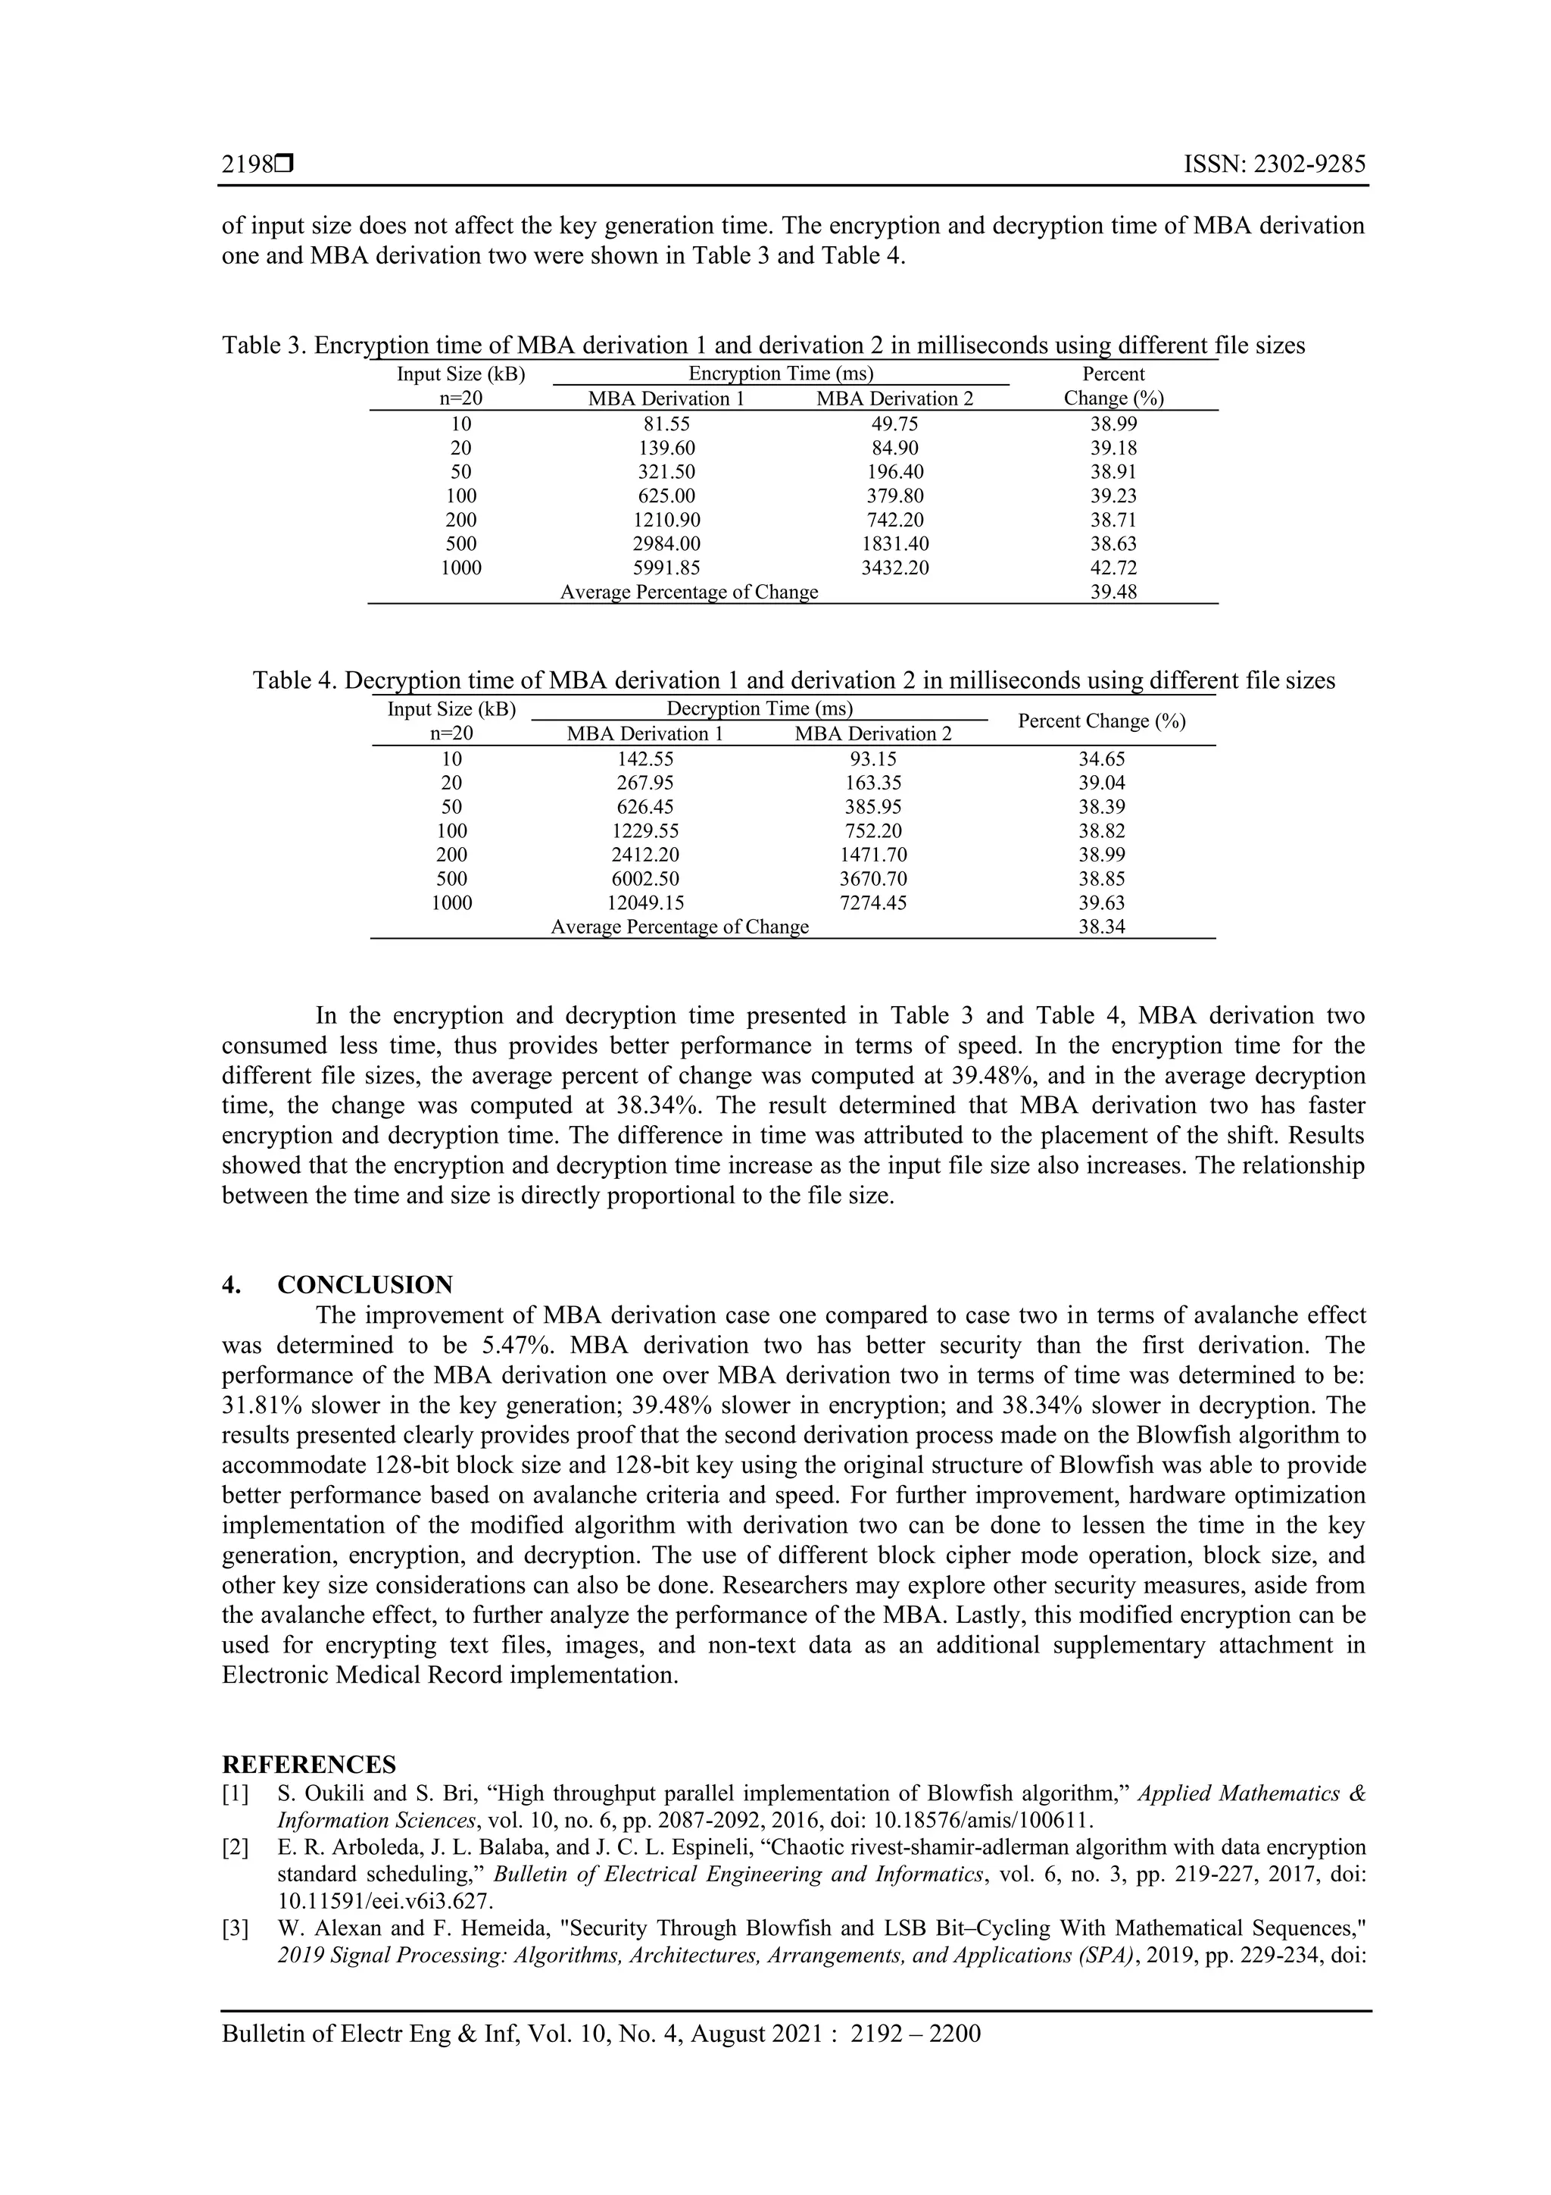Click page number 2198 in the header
click(248, 164)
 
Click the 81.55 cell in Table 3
click(666, 424)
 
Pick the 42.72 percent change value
click(1113, 568)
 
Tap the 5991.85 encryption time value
click(666, 568)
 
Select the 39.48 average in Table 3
click(1113, 592)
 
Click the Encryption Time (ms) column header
click(781, 374)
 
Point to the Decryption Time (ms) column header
click(759, 708)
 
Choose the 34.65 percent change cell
click(1102, 759)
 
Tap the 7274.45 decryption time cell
click(873, 902)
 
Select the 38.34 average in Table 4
click(1102, 927)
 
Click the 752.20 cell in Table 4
click(873, 830)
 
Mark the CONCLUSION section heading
click(365, 1284)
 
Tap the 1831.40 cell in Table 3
click(894, 544)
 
